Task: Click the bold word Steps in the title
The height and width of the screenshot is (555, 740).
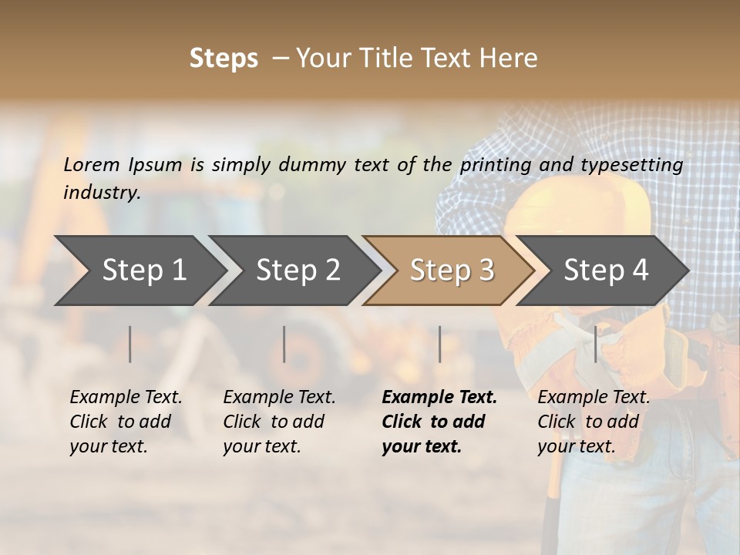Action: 224,59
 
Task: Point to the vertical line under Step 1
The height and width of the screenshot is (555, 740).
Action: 130,344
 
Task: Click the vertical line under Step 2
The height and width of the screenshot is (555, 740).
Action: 284,344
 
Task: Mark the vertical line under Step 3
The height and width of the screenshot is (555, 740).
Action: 440,344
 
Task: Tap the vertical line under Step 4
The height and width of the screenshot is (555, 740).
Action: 595,344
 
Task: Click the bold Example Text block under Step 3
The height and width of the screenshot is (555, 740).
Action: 439,422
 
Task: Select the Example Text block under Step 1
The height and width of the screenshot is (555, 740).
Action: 126,422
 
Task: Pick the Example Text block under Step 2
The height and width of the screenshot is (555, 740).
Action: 279,422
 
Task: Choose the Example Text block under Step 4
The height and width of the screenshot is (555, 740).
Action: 594,422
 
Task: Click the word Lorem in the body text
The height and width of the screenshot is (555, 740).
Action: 92,164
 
